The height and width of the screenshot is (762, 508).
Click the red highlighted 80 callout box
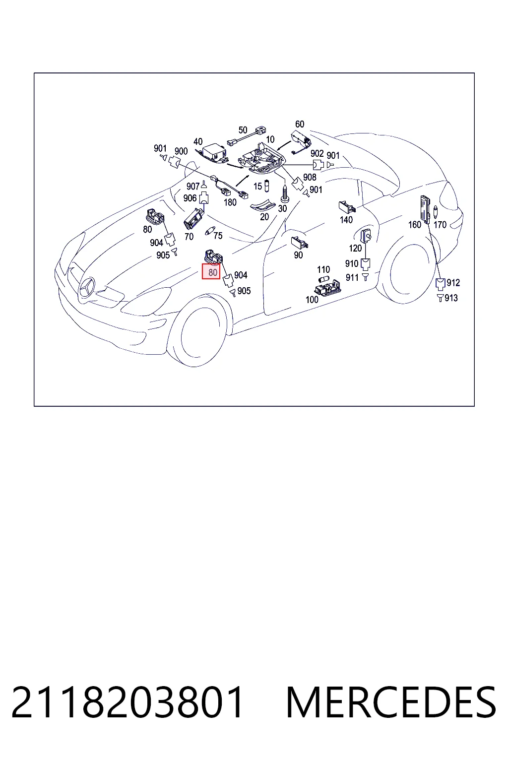(211, 271)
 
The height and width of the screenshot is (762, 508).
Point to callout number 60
(300, 124)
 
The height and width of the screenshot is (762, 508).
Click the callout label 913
(451, 298)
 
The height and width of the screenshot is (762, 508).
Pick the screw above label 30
(284, 193)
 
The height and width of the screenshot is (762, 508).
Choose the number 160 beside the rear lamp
(414, 225)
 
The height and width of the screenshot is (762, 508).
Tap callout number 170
(440, 225)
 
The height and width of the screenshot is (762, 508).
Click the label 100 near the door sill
(312, 300)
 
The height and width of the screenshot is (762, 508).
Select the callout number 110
(323, 269)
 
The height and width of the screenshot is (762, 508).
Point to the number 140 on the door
(346, 220)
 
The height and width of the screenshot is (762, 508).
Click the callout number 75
(218, 236)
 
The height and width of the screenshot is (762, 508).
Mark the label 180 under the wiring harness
(230, 202)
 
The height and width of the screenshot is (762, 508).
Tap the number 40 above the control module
(198, 141)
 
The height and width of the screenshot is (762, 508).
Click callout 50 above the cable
(243, 130)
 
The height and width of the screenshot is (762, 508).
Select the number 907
(193, 187)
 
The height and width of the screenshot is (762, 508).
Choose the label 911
(352, 278)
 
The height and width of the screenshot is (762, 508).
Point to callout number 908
(310, 177)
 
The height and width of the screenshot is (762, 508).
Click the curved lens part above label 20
(262, 205)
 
